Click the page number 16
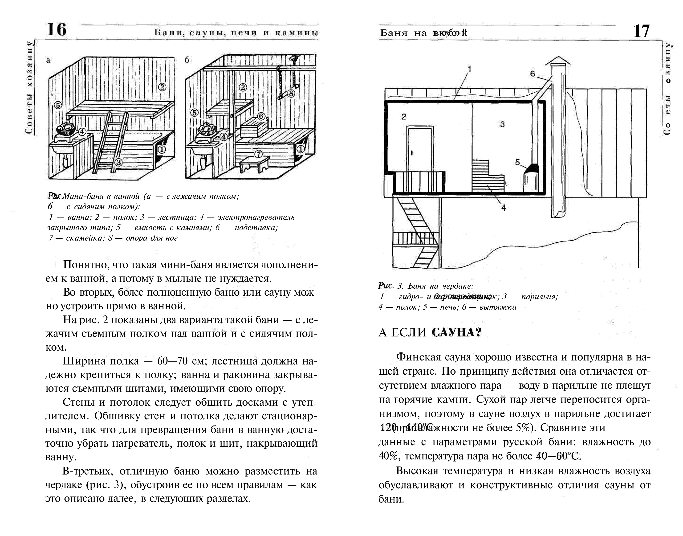click(57, 30)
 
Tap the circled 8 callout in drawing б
click(291, 93)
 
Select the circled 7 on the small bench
click(258, 154)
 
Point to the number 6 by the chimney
click(533, 74)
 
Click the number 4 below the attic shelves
click(503, 208)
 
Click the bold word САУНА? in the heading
click(456, 332)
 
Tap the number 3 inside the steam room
click(502, 124)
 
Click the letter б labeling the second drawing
click(187, 60)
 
